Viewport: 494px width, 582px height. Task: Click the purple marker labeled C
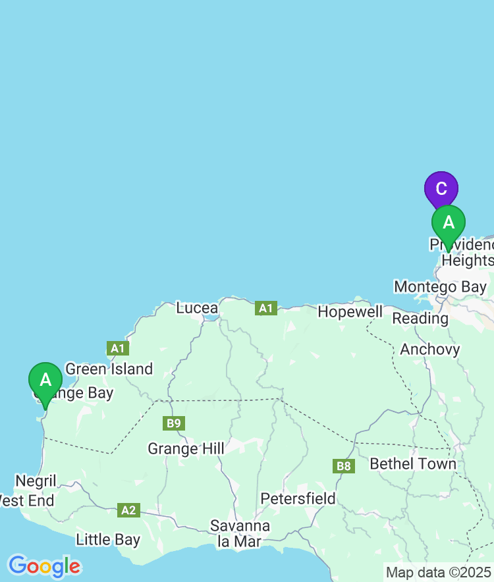(x=441, y=188)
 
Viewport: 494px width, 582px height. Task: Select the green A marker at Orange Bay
(x=45, y=381)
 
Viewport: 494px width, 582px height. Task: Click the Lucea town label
(x=197, y=307)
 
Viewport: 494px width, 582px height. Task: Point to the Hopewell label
(x=350, y=311)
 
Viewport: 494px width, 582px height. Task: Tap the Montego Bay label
(x=440, y=287)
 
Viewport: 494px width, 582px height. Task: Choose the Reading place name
(x=420, y=318)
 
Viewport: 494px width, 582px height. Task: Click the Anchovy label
(x=429, y=349)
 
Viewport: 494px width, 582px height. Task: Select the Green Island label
(x=109, y=369)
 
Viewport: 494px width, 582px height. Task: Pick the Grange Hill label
(x=186, y=448)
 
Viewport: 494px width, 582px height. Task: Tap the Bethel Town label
(x=413, y=463)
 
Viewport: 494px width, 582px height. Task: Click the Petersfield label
(x=298, y=498)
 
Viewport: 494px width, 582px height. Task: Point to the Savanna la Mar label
(x=240, y=533)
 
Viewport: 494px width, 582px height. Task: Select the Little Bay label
(x=108, y=540)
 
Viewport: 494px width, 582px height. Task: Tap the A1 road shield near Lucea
(x=266, y=307)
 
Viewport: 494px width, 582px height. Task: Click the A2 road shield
(x=128, y=510)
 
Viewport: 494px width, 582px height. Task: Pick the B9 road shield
(x=174, y=423)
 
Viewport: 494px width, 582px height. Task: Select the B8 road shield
(x=344, y=466)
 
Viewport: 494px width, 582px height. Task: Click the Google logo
(x=44, y=566)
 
